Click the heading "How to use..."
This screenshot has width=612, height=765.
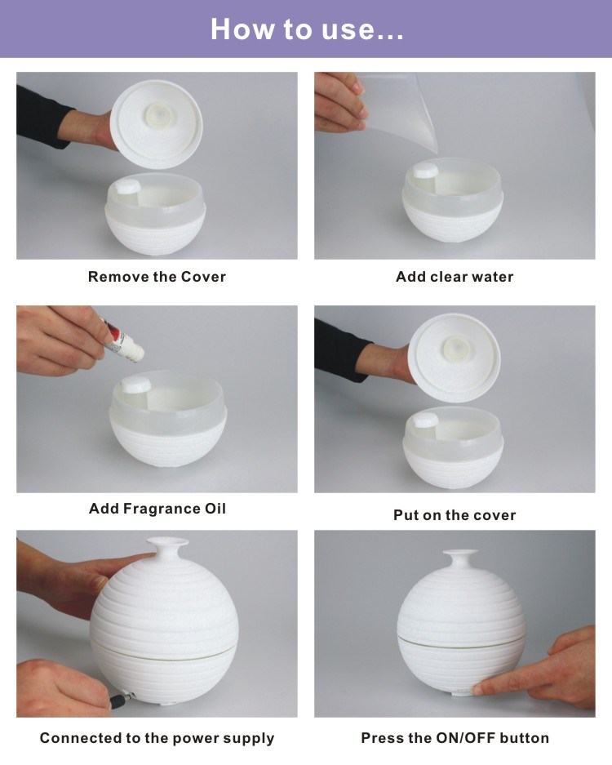pos(307,29)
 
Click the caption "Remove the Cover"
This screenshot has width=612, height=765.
pos(157,277)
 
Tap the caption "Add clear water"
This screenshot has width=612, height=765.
pos(455,277)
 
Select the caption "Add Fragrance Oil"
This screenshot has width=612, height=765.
pos(157,509)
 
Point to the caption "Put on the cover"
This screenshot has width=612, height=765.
pos(455,514)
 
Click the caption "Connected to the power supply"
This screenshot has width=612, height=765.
pos(157,739)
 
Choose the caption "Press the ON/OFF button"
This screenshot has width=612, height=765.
pos(455,738)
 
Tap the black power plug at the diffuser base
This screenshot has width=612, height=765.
pos(122,700)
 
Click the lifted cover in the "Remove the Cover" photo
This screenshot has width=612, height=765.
pos(156,124)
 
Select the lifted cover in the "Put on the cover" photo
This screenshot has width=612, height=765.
pos(454,358)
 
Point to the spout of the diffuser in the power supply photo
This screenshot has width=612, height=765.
pos(167,546)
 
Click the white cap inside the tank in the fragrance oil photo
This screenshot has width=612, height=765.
pos(136,384)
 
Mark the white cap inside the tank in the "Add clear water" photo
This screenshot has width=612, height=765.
pos(426,171)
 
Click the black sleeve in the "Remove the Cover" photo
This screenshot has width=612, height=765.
pos(42,117)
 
